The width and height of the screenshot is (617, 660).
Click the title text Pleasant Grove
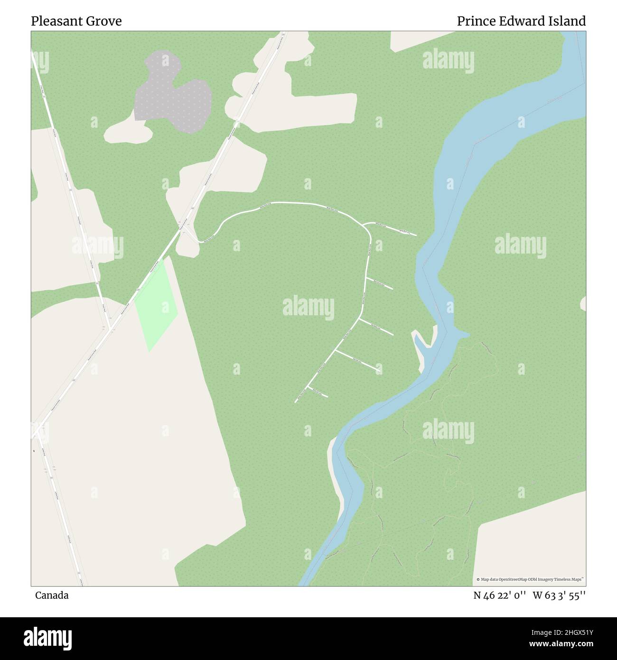point(76,21)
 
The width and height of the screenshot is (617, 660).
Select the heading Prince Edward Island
point(521,21)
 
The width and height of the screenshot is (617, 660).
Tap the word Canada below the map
point(52,595)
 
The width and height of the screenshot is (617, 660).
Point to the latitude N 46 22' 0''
point(499,595)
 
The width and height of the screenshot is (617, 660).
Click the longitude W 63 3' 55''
point(559,595)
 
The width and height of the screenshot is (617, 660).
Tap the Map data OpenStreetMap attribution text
point(531,579)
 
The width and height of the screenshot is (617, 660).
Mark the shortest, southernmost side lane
point(318,392)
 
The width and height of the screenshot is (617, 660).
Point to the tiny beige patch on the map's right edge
point(583,304)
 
